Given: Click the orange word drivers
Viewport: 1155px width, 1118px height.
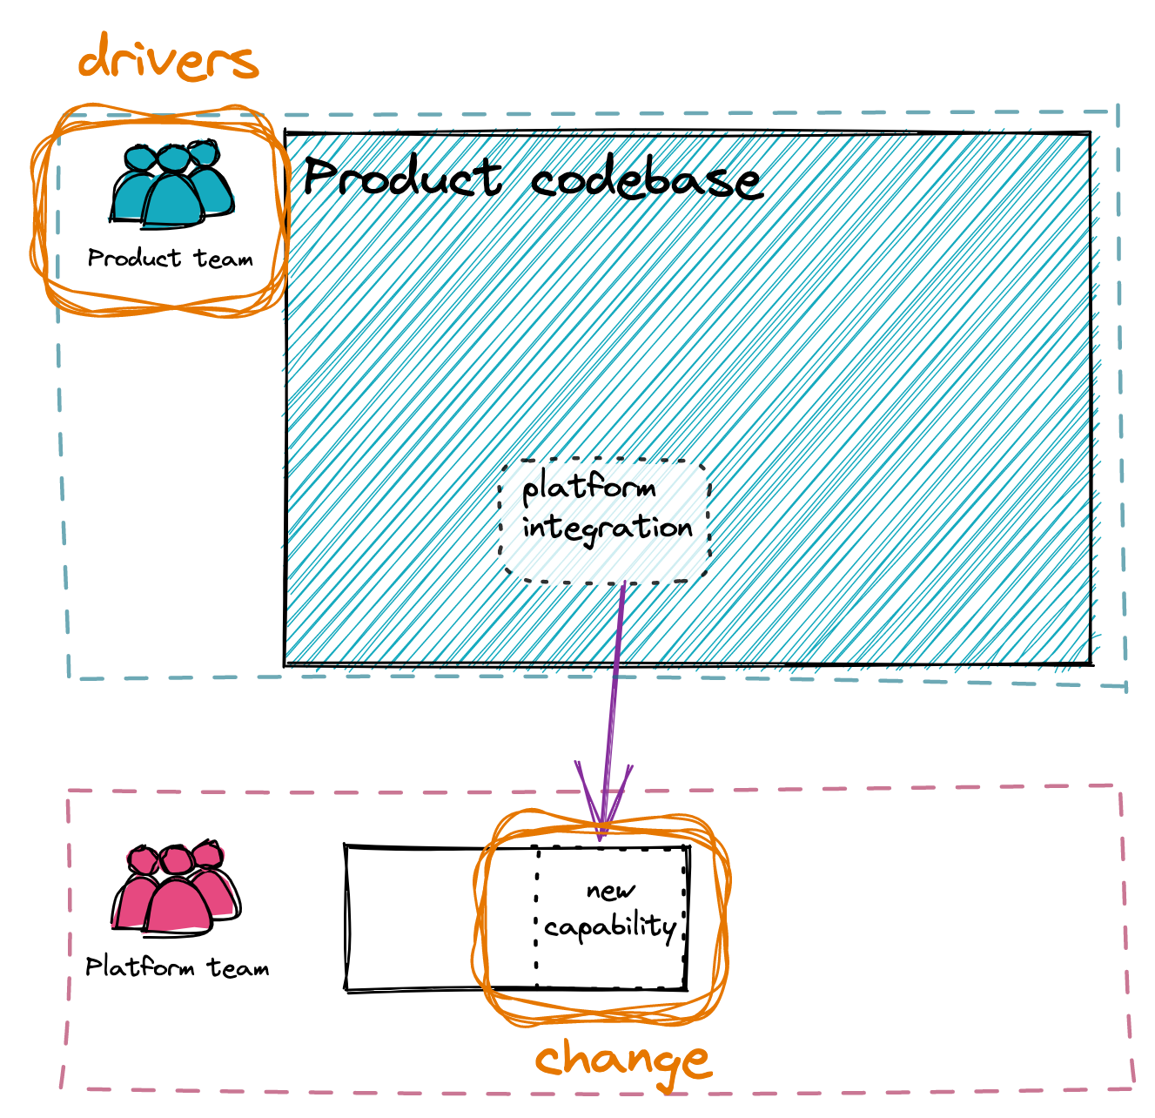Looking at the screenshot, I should (x=168, y=59).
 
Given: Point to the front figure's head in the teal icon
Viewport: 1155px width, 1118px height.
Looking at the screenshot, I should (x=173, y=159).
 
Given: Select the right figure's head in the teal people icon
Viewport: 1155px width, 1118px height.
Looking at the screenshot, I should (x=203, y=154).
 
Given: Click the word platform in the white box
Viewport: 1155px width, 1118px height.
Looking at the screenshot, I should (x=588, y=487).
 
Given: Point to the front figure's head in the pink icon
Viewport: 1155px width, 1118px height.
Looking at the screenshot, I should (x=175, y=861).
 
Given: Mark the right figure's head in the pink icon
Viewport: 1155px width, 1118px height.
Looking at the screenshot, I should (x=208, y=854).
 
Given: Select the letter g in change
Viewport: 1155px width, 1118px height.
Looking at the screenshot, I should (x=660, y=1064).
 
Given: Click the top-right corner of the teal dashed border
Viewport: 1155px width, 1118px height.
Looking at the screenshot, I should (x=1117, y=111).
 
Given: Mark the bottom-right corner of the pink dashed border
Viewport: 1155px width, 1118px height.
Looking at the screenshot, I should (x=1133, y=1087).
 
